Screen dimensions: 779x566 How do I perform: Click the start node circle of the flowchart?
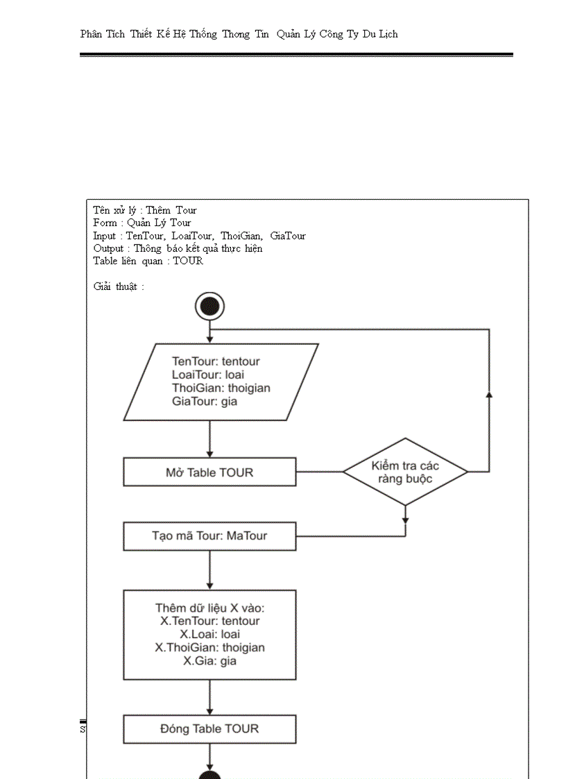(x=209, y=306)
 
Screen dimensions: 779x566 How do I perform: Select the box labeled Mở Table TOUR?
(x=209, y=472)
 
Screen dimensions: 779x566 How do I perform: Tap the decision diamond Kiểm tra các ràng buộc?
(x=405, y=472)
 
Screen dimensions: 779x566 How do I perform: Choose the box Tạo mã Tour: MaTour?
(x=209, y=536)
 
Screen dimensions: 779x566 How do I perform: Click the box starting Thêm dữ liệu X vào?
(x=209, y=634)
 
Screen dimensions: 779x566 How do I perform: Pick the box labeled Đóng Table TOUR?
(x=209, y=728)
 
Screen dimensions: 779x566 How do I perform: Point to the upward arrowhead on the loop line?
(x=489, y=395)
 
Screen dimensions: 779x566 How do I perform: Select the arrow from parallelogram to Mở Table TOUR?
(x=209, y=439)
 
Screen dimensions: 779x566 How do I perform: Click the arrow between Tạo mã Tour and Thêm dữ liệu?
(x=209, y=570)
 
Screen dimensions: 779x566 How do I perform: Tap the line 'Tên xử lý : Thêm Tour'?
(x=145, y=210)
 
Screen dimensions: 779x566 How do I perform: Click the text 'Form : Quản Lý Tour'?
(x=142, y=223)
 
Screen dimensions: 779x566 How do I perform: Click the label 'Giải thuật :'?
(x=119, y=286)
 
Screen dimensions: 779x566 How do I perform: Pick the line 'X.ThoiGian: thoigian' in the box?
(x=209, y=647)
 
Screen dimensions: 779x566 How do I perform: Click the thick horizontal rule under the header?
(x=296, y=55)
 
